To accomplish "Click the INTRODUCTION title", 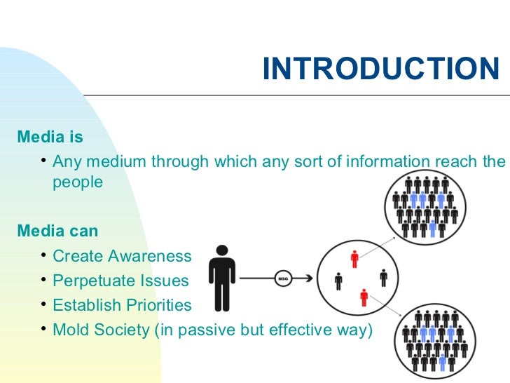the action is click(x=380, y=69).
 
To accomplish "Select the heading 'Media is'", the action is click(x=50, y=136).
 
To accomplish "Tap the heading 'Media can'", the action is click(x=57, y=231).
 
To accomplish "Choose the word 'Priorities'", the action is click(x=158, y=305).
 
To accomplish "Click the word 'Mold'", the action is click(x=69, y=330).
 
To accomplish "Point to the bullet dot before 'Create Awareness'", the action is click(x=43, y=255).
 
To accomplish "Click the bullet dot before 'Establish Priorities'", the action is click(x=43, y=304).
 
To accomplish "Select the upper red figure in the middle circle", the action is click(x=354, y=259).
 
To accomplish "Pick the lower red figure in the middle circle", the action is click(x=364, y=297).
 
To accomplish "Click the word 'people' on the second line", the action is click(x=78, y=182).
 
